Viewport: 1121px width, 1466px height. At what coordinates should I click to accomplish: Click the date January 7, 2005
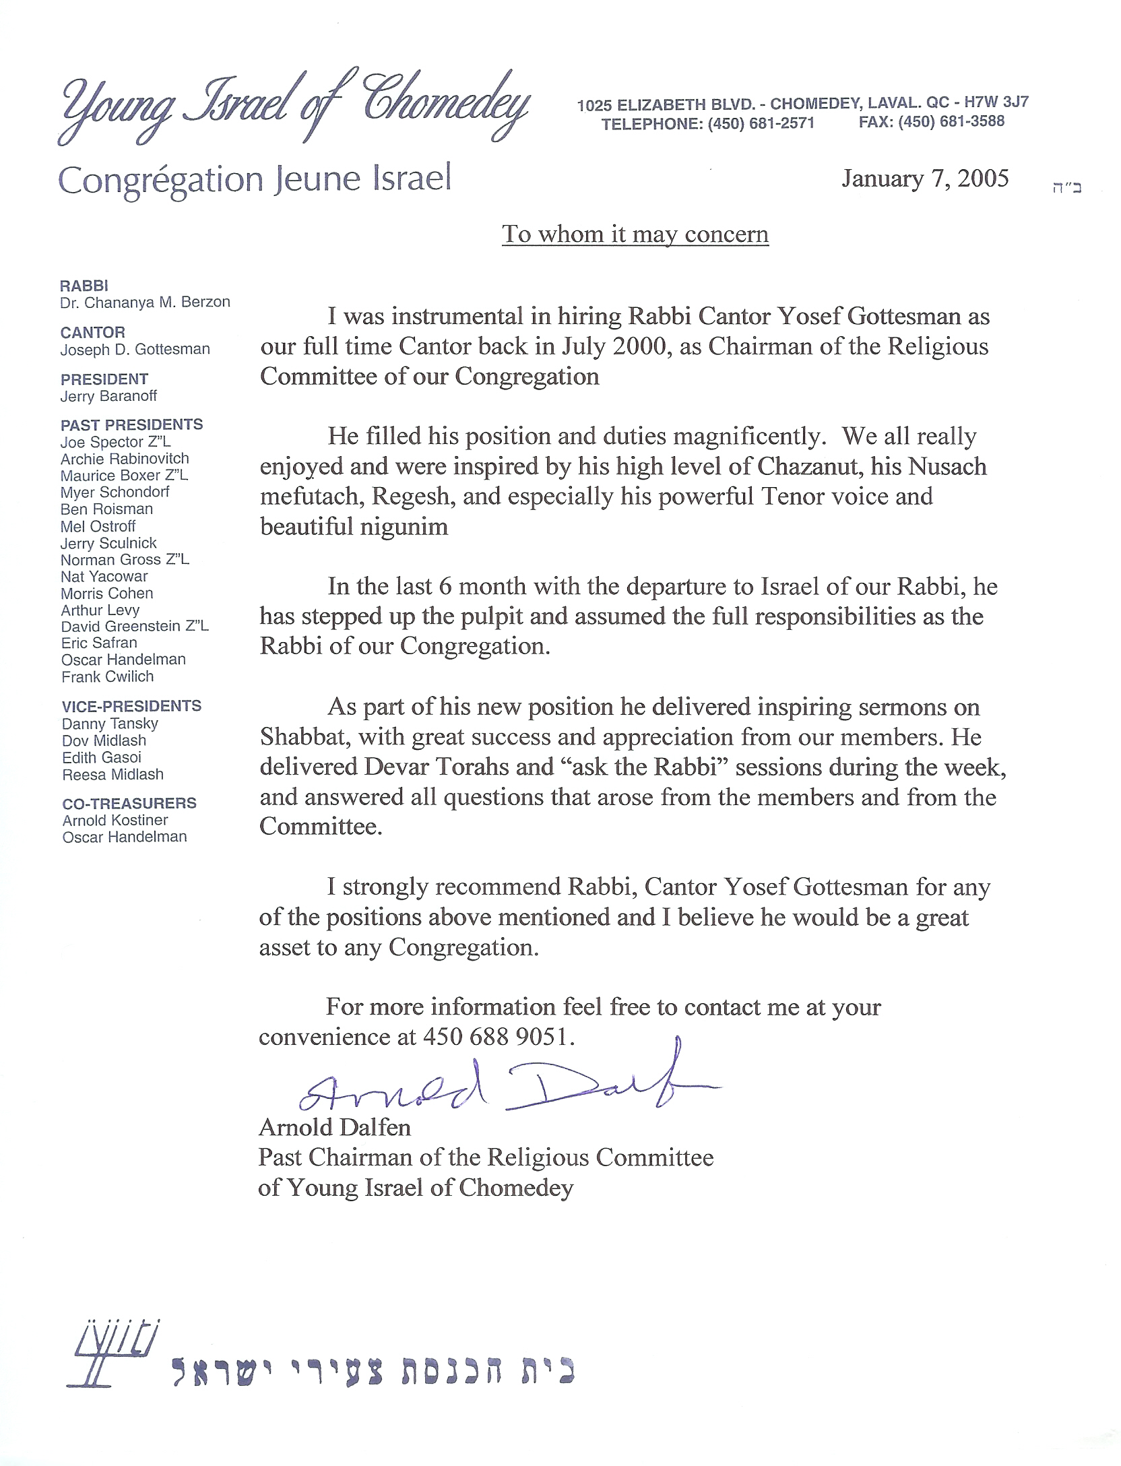point(924,179)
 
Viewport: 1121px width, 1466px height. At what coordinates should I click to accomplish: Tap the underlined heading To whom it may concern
point(635,234)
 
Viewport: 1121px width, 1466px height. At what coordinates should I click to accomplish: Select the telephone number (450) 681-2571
point(761,123)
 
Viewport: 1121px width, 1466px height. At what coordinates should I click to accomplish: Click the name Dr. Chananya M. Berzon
point(145,302)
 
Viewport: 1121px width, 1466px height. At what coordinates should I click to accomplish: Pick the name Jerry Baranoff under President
point(108,396)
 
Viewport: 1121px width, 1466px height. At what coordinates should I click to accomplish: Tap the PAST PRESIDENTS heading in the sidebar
point(131,424)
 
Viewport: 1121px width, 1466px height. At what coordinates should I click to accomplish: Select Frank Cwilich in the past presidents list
point(107,676)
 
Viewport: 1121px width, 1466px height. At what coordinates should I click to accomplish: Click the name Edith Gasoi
point(102,757)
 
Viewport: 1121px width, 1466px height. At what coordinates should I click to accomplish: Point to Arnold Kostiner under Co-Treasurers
point(115,820)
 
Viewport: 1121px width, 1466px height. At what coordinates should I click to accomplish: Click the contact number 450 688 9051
point(498,1037)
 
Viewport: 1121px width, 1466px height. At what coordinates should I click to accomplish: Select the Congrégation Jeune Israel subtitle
point(255,180)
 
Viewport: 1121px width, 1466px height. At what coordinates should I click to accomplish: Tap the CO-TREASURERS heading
point(129,803)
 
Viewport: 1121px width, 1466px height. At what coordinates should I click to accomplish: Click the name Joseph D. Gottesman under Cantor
point(135,349)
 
